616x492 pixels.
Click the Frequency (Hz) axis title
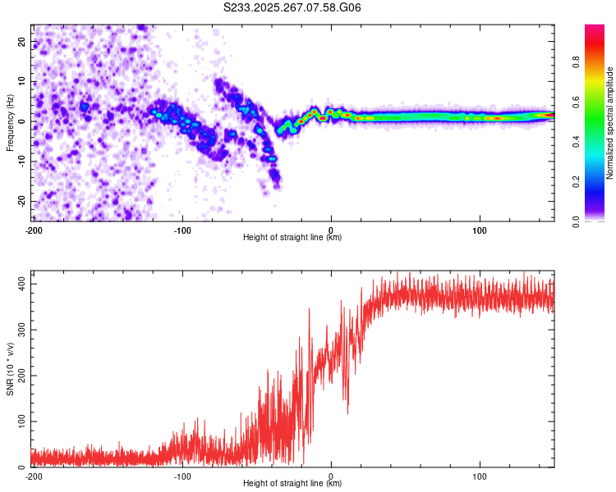coord(10,123)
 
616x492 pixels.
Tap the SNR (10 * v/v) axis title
coord(10,369)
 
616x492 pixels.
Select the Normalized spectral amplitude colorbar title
coord(610,123)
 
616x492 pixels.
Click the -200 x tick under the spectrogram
coord(34,230)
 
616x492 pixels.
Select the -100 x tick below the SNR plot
coord(182,476)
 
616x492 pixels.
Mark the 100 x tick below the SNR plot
coord(480,476)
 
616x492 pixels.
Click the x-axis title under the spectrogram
coord(292,239)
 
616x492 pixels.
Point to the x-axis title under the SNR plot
coord(292,485)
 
